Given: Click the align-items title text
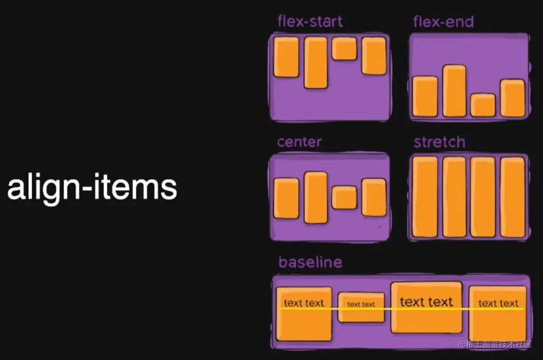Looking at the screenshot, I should click(x=92, y=188).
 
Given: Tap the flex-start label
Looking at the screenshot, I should click(x=310, y=21).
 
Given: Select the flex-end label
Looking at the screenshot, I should click(x=443, y=21).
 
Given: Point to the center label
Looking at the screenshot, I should click(x=299, y=142).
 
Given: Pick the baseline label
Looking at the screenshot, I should click(x=310, y=262).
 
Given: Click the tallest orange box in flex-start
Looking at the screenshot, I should click(x=315, y=63).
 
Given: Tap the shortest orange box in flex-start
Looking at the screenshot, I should click(x=344, y=48).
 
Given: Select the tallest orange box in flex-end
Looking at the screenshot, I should click(x=454, y=91).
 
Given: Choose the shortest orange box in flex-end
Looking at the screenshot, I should click(x=483, y=105).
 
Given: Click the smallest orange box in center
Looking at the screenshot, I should click(x=344, y=197).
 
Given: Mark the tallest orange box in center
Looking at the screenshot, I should click(x=315, y=197).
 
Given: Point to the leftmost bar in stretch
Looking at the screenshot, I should click(x=425, y=197).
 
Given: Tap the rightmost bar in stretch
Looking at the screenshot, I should click(x=512, y=197).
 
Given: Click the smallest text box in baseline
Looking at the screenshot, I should click(x=361, y=307).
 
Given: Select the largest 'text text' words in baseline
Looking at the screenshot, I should click(x=426, y=302).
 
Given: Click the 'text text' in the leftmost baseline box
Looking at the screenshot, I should click(x=304, y=303).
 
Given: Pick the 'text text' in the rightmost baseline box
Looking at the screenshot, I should click(x=498, y=303).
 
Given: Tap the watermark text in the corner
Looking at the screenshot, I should click(x=495, y=344).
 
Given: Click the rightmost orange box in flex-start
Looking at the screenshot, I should click(x=373, y=56).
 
